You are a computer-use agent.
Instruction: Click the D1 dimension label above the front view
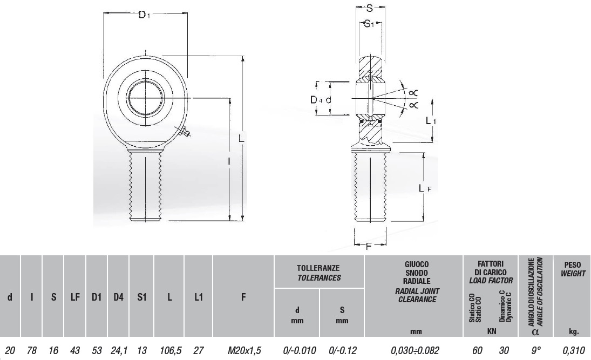[144, 15]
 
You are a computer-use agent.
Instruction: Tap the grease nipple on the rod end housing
[184, 131]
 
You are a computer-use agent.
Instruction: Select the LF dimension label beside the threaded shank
[425, 188]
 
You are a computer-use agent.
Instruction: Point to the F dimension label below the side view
[369, 247]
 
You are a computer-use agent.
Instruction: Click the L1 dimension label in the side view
[431, 121]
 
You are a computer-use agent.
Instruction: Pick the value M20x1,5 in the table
[244, 350]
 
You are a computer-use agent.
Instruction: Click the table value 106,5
[170, 350]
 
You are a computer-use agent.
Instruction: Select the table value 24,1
[118, 350]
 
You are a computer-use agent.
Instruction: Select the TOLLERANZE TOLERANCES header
[319, 273]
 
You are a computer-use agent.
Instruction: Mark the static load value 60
[477, 350]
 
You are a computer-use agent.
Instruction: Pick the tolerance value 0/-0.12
[342, 350]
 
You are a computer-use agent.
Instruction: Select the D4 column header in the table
[118, 297]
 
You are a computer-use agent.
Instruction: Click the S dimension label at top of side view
[370, 9]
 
